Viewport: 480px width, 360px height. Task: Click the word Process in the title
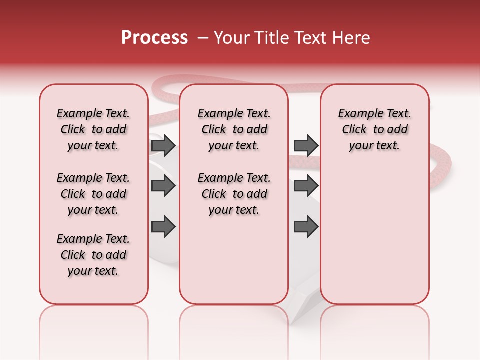154,38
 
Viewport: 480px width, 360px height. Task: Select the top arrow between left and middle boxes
163,145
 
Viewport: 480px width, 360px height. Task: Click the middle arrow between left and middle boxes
163,186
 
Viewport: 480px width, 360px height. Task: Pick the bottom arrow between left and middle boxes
163,226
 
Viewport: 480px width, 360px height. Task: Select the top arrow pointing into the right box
306,145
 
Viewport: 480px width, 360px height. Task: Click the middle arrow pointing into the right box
306,186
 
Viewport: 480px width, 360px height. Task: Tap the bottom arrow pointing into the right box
306,226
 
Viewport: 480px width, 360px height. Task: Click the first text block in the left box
93,129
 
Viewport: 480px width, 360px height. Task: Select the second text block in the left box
93,194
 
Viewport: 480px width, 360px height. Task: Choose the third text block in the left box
93,255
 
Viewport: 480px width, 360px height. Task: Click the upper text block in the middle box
234,129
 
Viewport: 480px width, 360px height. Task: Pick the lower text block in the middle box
234,194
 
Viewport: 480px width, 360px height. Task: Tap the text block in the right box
375,129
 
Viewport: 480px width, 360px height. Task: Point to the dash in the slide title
203,38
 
